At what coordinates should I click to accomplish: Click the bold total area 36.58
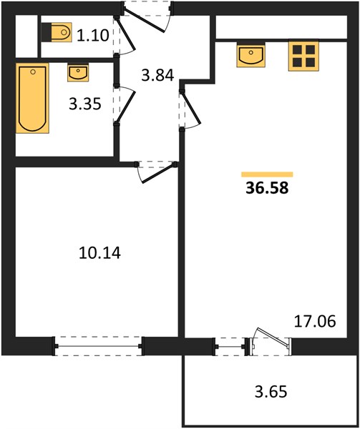point(267,188)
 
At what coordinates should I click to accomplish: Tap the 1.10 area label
point(93,35)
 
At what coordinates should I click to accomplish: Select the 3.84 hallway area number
point(157,75)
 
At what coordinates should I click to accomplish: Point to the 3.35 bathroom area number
point(85,104)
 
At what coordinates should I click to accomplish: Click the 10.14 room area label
point(99,253)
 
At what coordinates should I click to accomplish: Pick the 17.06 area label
point(315,321)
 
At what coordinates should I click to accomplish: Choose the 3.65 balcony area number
point(271,391)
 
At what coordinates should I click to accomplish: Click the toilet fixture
point(57,32)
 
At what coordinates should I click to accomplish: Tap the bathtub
point(32,98)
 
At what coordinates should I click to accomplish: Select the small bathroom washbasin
point(78,73)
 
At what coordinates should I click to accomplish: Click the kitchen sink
point(250,54)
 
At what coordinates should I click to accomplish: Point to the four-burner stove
point(303,55)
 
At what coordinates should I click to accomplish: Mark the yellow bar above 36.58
point(267,174)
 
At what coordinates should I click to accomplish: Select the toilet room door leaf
point(126,34)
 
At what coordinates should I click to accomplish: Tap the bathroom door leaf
point(126,107)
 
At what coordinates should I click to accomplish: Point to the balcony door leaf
point(273,336)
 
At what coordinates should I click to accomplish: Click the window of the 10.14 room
point(98,346)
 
